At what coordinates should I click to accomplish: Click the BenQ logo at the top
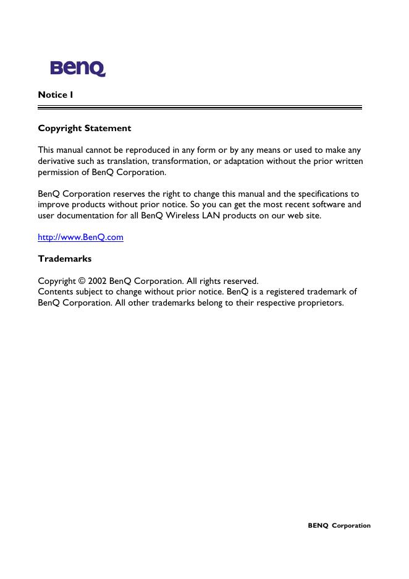[78, 68]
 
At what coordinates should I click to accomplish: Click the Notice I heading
[56, 95]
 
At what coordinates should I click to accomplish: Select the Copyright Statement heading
[85, 128]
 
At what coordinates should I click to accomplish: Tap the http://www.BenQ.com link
[80, 237]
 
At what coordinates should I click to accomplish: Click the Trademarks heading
[65, 258]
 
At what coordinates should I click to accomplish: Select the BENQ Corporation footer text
[339, 525]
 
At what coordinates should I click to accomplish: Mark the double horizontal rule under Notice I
[200, 108]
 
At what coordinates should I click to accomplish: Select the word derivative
[57, 161]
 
